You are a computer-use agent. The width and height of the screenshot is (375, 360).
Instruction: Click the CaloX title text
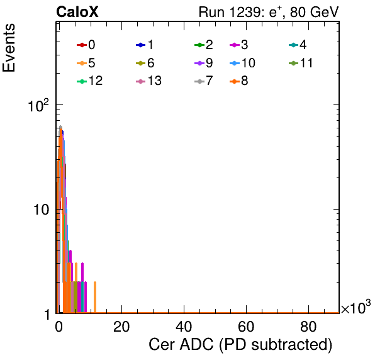(x=77, y=12)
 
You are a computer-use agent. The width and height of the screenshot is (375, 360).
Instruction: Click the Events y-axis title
(x=9, y=48)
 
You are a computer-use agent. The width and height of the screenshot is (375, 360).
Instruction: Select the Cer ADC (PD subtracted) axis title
(x=240, y=345)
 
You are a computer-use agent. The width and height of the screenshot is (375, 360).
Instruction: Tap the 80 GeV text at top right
(x=315, y=12)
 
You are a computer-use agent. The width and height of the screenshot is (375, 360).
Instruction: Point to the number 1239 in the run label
(x=244, y=12)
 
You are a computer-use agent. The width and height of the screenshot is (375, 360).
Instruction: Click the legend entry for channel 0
(x=86, y=45)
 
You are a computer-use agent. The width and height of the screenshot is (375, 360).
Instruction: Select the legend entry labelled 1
(x=145, y=45)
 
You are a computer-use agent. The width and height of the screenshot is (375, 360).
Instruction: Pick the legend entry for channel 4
(x=298, y=45)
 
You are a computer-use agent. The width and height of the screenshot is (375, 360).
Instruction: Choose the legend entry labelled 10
(x=242, y=63)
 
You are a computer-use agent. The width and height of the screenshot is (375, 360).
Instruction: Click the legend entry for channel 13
(x=148, y=81)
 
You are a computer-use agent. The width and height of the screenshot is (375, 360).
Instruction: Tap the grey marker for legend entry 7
(x=199, y=81)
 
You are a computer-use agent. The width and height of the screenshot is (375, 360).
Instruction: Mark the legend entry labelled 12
(x=90, y=81)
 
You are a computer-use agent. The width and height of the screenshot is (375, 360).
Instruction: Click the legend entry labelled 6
(x=145, y=63)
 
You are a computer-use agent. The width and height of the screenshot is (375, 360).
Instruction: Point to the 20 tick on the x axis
(x=121, y=327)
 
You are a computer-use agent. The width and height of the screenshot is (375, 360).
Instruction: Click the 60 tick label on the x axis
(x=246, y=327)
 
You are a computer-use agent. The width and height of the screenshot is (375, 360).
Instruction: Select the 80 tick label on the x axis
(x=308, y=327)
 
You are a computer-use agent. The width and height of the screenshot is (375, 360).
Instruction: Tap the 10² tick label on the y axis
(x=38, y=105)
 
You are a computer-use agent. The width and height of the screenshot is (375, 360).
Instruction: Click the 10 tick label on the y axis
(x=41, y=210)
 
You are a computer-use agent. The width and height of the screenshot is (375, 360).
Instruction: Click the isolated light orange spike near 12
(x=95, y=297)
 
